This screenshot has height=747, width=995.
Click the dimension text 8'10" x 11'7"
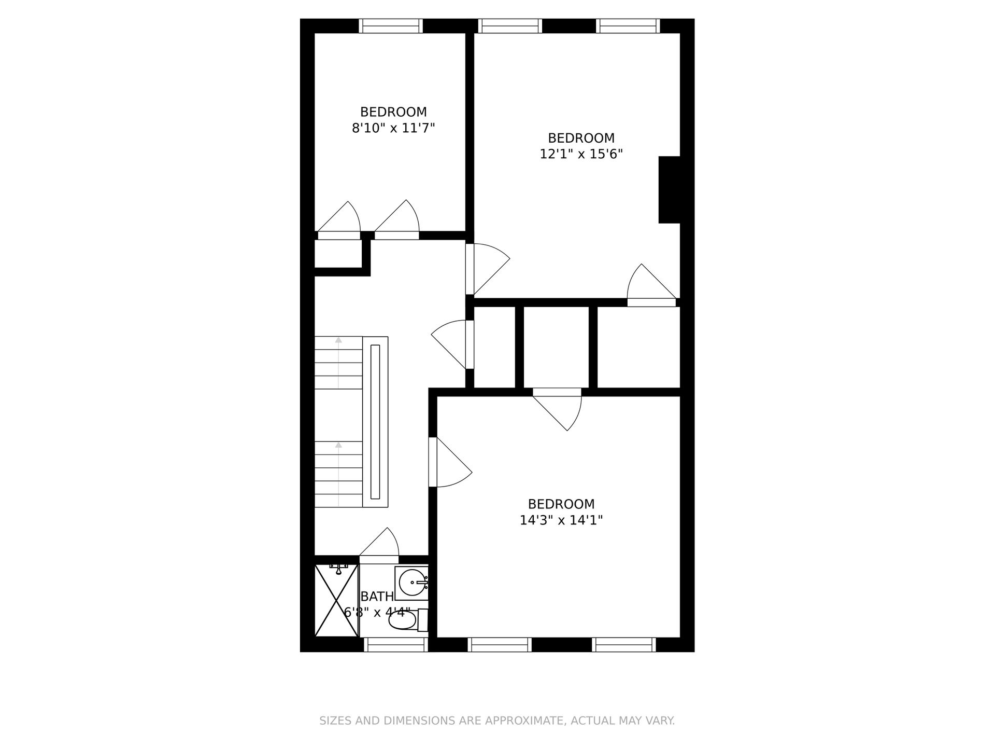(393, 128)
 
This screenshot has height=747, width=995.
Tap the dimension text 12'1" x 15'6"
(581, 154)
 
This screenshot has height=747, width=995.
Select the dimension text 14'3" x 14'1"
(561, 520)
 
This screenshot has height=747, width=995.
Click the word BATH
(377, 597)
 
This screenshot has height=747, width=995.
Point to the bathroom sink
(412, 583)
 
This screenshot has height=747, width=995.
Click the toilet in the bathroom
(408, 620)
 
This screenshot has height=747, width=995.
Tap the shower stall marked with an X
(336, 600)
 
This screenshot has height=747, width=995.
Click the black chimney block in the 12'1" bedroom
(669, 190)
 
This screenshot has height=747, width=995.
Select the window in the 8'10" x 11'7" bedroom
(391, 26)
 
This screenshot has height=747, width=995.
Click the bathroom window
(396, 644)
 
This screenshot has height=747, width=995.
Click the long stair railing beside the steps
(375, 422)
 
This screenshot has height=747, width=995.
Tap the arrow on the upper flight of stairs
(338, 363)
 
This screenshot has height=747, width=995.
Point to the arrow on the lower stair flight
(338, 474)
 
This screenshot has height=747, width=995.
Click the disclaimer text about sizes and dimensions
(497, 721)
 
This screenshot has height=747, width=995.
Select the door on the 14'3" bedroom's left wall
(450, 462)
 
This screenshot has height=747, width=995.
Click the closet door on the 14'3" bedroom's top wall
(558, 409)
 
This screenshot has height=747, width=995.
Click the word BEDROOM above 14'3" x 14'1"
(561, 504)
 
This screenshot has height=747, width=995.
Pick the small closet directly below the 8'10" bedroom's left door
(338, 254)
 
